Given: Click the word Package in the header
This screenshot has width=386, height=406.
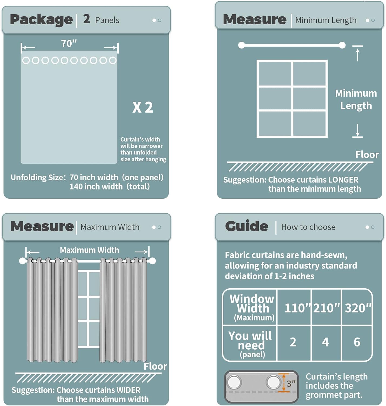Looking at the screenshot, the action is coord(41,20).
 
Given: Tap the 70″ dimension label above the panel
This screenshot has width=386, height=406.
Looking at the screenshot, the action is coord(69,44).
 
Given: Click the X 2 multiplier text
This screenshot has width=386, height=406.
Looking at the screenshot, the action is coord(142,107).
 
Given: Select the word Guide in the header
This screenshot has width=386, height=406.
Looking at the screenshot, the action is coord(247,226).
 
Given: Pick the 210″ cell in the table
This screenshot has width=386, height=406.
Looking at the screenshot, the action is coord(326,308).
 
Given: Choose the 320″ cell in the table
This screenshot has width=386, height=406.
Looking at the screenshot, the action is coord(358,308).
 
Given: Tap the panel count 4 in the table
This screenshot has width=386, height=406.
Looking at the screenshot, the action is coord(325,342).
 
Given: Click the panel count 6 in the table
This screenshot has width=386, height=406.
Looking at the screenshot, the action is coord(357,342).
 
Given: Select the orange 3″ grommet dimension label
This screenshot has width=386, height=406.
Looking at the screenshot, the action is coord(291,384).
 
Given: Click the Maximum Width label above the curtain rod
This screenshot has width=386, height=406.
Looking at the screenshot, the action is coord(89,250).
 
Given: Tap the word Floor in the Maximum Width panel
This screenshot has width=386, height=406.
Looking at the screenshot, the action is coord(155,366).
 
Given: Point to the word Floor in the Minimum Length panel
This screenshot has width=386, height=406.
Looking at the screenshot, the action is coord(367,155).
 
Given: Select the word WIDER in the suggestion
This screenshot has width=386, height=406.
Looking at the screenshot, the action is coord(128,390).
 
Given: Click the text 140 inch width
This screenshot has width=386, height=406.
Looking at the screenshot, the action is coord(96,187).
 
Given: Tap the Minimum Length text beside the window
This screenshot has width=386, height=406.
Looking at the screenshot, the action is coord(356,100).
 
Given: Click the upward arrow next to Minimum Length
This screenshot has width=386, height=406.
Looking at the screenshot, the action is coord(358,54).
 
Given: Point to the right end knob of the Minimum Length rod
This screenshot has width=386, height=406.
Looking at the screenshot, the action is coord(342,45).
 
